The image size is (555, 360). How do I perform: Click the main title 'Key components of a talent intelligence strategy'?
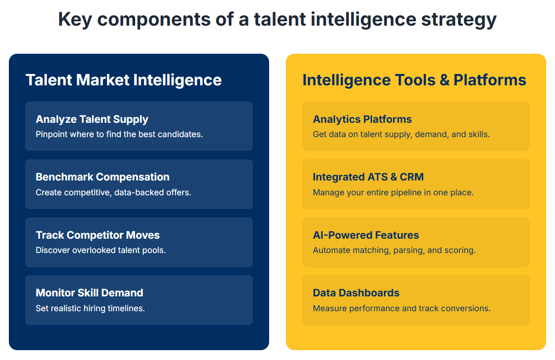click(x=277, y=19)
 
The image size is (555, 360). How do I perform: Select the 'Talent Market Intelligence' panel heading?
click(x=124, y=80)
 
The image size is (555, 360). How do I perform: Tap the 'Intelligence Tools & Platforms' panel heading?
click(x=414, y=80)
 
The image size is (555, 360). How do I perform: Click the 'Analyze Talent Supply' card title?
click(x=92, y=120)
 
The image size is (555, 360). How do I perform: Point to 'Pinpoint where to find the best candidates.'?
click(x=119, y=135)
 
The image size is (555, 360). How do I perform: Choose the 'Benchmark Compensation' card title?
click(x=103, y=177)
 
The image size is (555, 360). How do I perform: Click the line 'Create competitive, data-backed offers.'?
click(x=113, y=192)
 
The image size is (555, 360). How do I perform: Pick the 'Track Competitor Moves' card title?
click(x=98, y=235)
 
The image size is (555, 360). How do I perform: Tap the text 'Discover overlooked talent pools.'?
click(x=101, y=250)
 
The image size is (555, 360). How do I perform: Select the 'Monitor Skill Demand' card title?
click(x=90, y=293)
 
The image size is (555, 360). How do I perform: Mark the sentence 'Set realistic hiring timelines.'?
click(x=90, y=308)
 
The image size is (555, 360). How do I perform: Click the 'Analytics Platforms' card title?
click(x=362, y=120)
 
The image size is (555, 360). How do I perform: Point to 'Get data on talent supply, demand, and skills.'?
click(x=401, y=135)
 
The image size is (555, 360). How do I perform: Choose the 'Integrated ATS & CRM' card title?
click(x=368, y=177)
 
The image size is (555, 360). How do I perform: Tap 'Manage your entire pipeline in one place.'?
click(x=393, y=192)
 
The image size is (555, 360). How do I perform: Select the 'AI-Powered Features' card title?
click(x=366, y=235)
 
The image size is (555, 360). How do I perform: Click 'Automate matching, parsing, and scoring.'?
click(x=394, y=250)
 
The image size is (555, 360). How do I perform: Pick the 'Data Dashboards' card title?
click(x=356, y=293)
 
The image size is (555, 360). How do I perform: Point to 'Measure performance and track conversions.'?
click(x=402, y=308)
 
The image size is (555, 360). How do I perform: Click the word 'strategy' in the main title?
click(x=459, y=20)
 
